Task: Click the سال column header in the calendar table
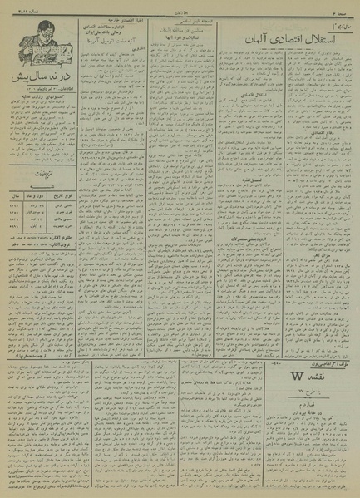click(12, 189)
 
